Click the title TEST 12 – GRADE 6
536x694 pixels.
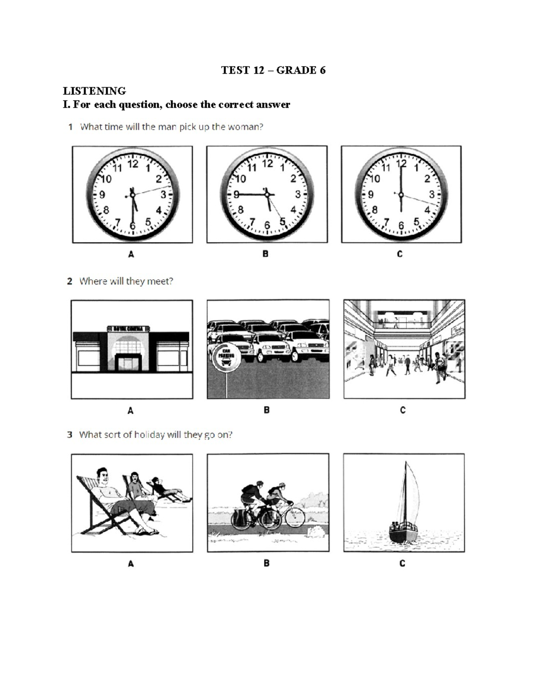273,70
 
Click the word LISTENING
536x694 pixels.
94,91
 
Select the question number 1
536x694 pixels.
71,127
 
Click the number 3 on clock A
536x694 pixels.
163,194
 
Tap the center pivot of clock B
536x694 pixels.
267,194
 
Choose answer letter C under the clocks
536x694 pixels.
400,254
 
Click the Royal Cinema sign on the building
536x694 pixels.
128,328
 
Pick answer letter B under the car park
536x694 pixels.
267,410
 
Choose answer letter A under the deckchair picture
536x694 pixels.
131,564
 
